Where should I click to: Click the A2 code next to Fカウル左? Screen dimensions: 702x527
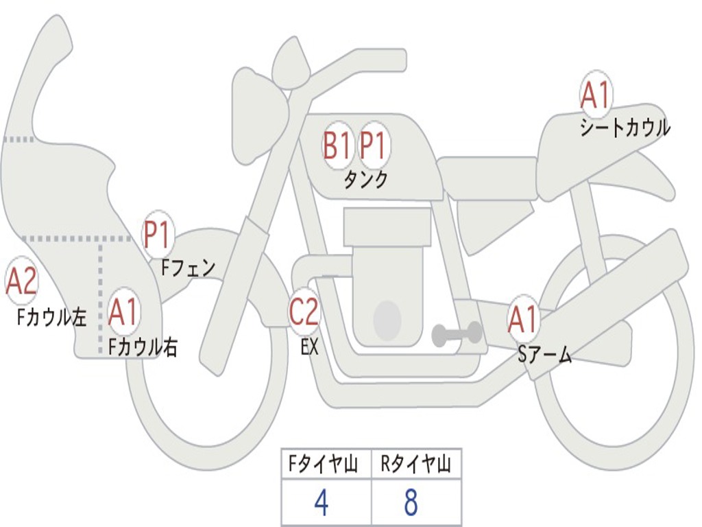coord(21,281)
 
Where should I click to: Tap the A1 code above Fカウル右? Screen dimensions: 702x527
coord(123,313)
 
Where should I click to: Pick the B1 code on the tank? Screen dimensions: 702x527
coord(337,146)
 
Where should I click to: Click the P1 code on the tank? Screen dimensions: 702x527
coord(374,146)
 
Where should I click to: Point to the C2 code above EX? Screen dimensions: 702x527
coord(304,312)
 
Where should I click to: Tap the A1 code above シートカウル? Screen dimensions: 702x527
coord(595,95)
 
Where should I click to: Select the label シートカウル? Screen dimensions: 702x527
coord(625,128)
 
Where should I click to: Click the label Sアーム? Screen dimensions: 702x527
coord(544,354)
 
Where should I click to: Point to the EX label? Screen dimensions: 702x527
coord(309,347)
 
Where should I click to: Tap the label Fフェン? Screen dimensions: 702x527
coord(188,267)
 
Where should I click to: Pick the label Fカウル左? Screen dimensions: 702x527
coord(52,316)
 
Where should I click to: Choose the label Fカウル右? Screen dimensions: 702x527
coord(143,347)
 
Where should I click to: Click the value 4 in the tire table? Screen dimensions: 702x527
coord(321,503)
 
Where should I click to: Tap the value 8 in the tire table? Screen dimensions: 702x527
coord(411,503)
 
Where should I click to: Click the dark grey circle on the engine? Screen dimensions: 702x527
coord(387,320)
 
